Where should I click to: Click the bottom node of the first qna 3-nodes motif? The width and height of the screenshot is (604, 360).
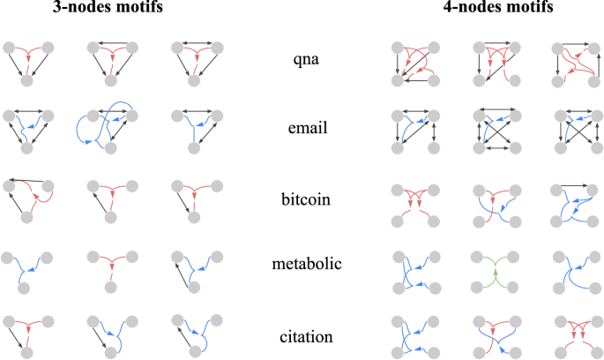[x=27, y=80]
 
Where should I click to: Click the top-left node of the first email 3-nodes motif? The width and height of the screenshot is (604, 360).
[x=8, y=116]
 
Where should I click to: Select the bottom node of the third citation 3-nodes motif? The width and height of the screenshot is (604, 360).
[x=194, y=352]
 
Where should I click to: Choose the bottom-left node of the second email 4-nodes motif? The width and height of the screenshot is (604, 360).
[x=477, y=150]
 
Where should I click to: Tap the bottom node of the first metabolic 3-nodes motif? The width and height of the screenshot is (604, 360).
[x=27, y=288]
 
